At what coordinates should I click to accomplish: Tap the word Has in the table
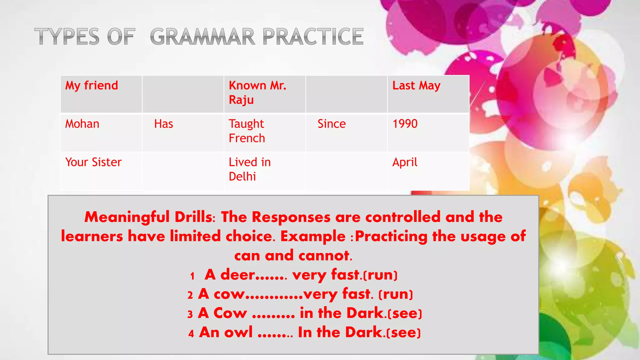pyautogui.click(x=163, y=124)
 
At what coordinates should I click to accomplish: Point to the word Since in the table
pyautogui.click(x=332, y=124)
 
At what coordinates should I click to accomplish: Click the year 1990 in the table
pyautogui.click(x=405, y=124)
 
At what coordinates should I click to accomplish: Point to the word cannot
pyautogui.click(x=325, y=256)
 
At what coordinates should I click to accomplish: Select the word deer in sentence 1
pyautogui.click(x=237, y=275)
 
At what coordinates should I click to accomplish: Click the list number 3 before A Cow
pyautogui.click(x=190, y=314)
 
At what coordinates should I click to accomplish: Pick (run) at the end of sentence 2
pyautogui.click(x=396, y=294)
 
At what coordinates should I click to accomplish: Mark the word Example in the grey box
pyautogui.click(x=313, y=236)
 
